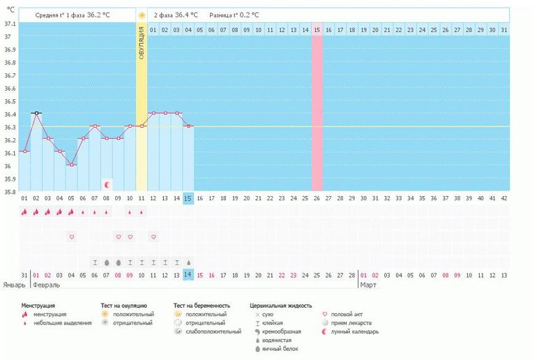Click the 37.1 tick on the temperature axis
pos(10,24)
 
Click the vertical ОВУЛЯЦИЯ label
pos(142,42)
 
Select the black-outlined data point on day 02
pos(36,113)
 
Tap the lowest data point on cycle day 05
pos(71,165)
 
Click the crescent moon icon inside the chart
pos(107,184)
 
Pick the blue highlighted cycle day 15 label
pos(188,199)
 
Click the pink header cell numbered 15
pos(317,30)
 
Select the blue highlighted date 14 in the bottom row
pos(188,275)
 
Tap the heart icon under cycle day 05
pos(71,237)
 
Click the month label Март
pos(367,285)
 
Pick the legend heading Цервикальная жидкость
pos(280,306)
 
